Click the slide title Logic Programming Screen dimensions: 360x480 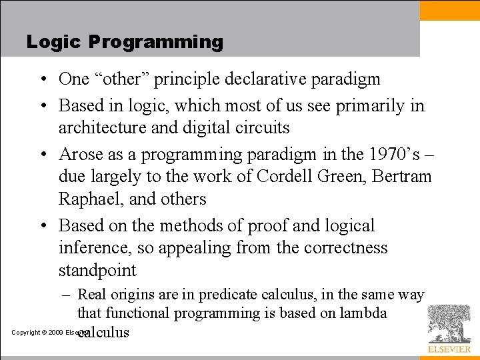click(125, 42)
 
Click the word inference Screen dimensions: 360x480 click(93, 248)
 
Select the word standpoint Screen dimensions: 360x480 click(97, 271)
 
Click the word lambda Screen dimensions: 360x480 click(362, 313)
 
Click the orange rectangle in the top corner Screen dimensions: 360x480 click(450, 10)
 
